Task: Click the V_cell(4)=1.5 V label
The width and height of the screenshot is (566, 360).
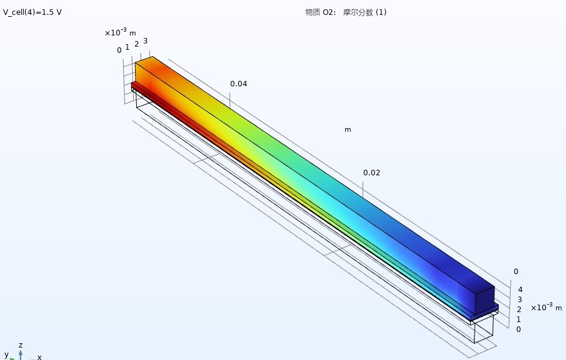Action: point(32,12)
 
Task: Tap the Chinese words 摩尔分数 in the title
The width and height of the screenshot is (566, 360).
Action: point(358,12)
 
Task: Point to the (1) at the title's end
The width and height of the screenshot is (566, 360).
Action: point(381,12)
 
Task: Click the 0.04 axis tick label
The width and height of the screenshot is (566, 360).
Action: point(239,84)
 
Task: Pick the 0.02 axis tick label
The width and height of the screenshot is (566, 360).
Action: point(372,173)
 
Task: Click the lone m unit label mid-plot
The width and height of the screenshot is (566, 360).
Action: point(348,130)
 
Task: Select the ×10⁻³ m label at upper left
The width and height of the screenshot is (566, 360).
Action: point(120,32)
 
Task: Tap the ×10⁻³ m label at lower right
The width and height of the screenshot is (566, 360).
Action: point(547,307)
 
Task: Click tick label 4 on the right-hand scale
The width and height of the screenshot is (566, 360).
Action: point(520,290)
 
